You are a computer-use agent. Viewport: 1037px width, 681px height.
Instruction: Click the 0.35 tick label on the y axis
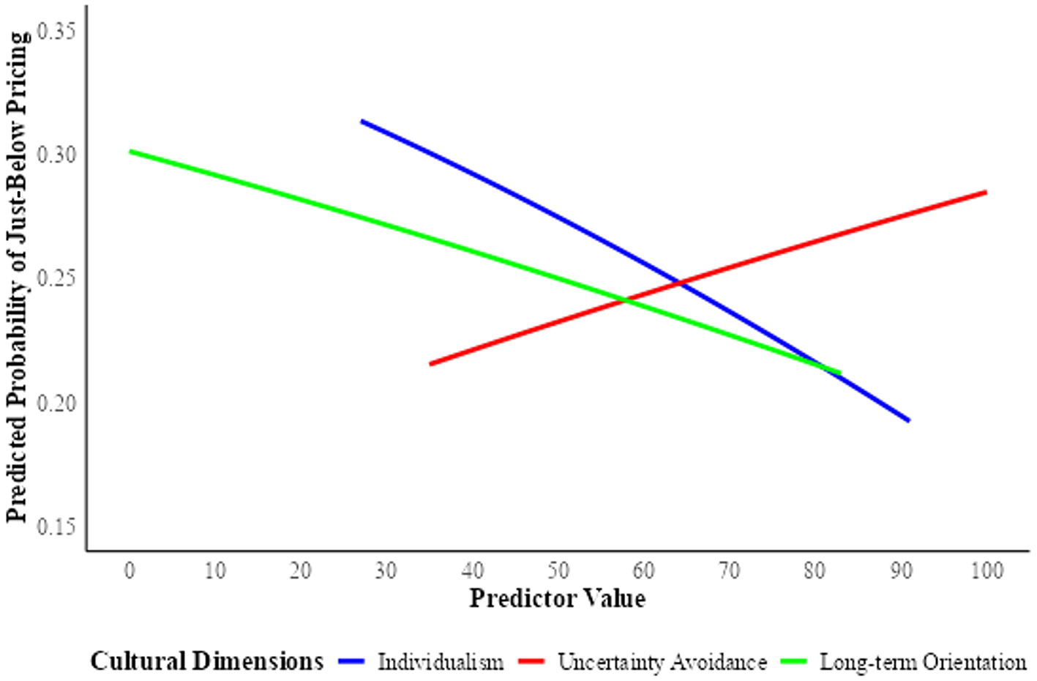point(56,31)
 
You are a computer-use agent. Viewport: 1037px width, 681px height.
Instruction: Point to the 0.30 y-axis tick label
point(56,155)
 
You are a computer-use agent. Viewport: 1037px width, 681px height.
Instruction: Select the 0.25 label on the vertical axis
point(56,279)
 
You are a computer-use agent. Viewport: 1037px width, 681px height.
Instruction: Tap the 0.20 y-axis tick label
point(56,403)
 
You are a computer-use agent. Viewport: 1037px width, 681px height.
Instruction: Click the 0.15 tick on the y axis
point(56,526)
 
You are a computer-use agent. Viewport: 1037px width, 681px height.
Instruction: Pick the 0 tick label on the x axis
point(130,570)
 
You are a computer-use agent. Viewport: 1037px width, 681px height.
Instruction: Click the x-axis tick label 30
point(386,570)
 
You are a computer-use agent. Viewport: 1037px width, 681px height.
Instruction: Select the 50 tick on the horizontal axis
point(558,570)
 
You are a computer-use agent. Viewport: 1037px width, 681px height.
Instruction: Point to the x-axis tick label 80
point(815,570)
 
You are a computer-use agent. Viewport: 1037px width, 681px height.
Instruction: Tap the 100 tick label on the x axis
point(986,570)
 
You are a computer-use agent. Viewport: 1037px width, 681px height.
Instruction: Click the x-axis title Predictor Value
point(558,598)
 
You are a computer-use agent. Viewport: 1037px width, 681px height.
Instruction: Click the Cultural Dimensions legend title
point(206,661)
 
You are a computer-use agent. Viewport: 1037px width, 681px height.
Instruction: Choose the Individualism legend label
point(441,663)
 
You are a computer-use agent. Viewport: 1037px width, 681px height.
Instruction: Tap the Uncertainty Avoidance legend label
point(662,663)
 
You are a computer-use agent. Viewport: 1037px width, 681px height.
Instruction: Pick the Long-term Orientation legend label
point(923,663)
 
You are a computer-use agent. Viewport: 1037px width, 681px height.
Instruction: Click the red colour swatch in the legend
point(531,662)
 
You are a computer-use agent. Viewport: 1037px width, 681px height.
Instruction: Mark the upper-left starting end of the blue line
point(362,121)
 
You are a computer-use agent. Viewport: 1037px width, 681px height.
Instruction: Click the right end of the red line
point(986,192)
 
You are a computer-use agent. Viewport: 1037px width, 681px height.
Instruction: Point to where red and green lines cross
point(626,300)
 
